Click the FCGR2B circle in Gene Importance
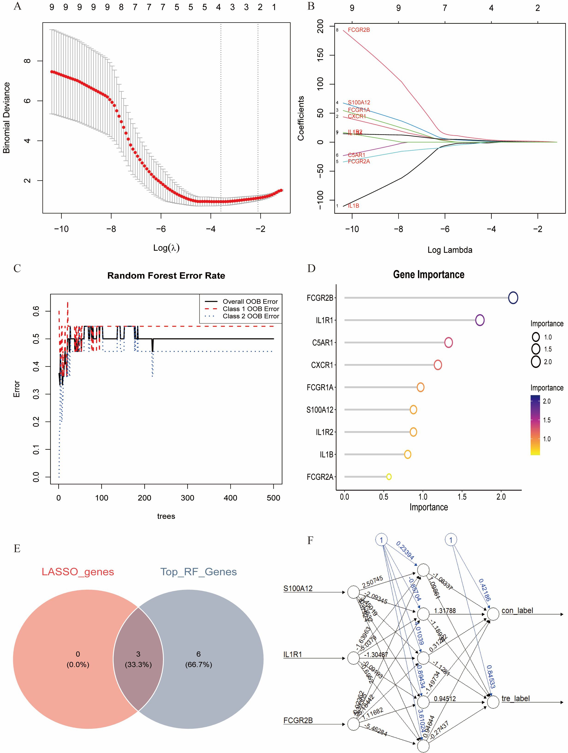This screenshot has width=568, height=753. point(513,298)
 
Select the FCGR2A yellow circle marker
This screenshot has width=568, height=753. point(389,477)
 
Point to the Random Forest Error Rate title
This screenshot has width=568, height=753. point(166,275)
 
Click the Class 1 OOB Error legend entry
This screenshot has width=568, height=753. point(251,309)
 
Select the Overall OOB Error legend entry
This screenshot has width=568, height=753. point(250,301)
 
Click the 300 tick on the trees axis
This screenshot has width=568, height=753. point(187,498)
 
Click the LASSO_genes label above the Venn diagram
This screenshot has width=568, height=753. point(78,572)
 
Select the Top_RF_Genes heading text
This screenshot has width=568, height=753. point(199,572)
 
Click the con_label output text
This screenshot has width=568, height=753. point(517,610)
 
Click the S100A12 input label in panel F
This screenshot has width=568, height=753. point(298,588)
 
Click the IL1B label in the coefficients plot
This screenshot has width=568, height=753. point(353,206)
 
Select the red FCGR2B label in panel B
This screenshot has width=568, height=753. point(359,30)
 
